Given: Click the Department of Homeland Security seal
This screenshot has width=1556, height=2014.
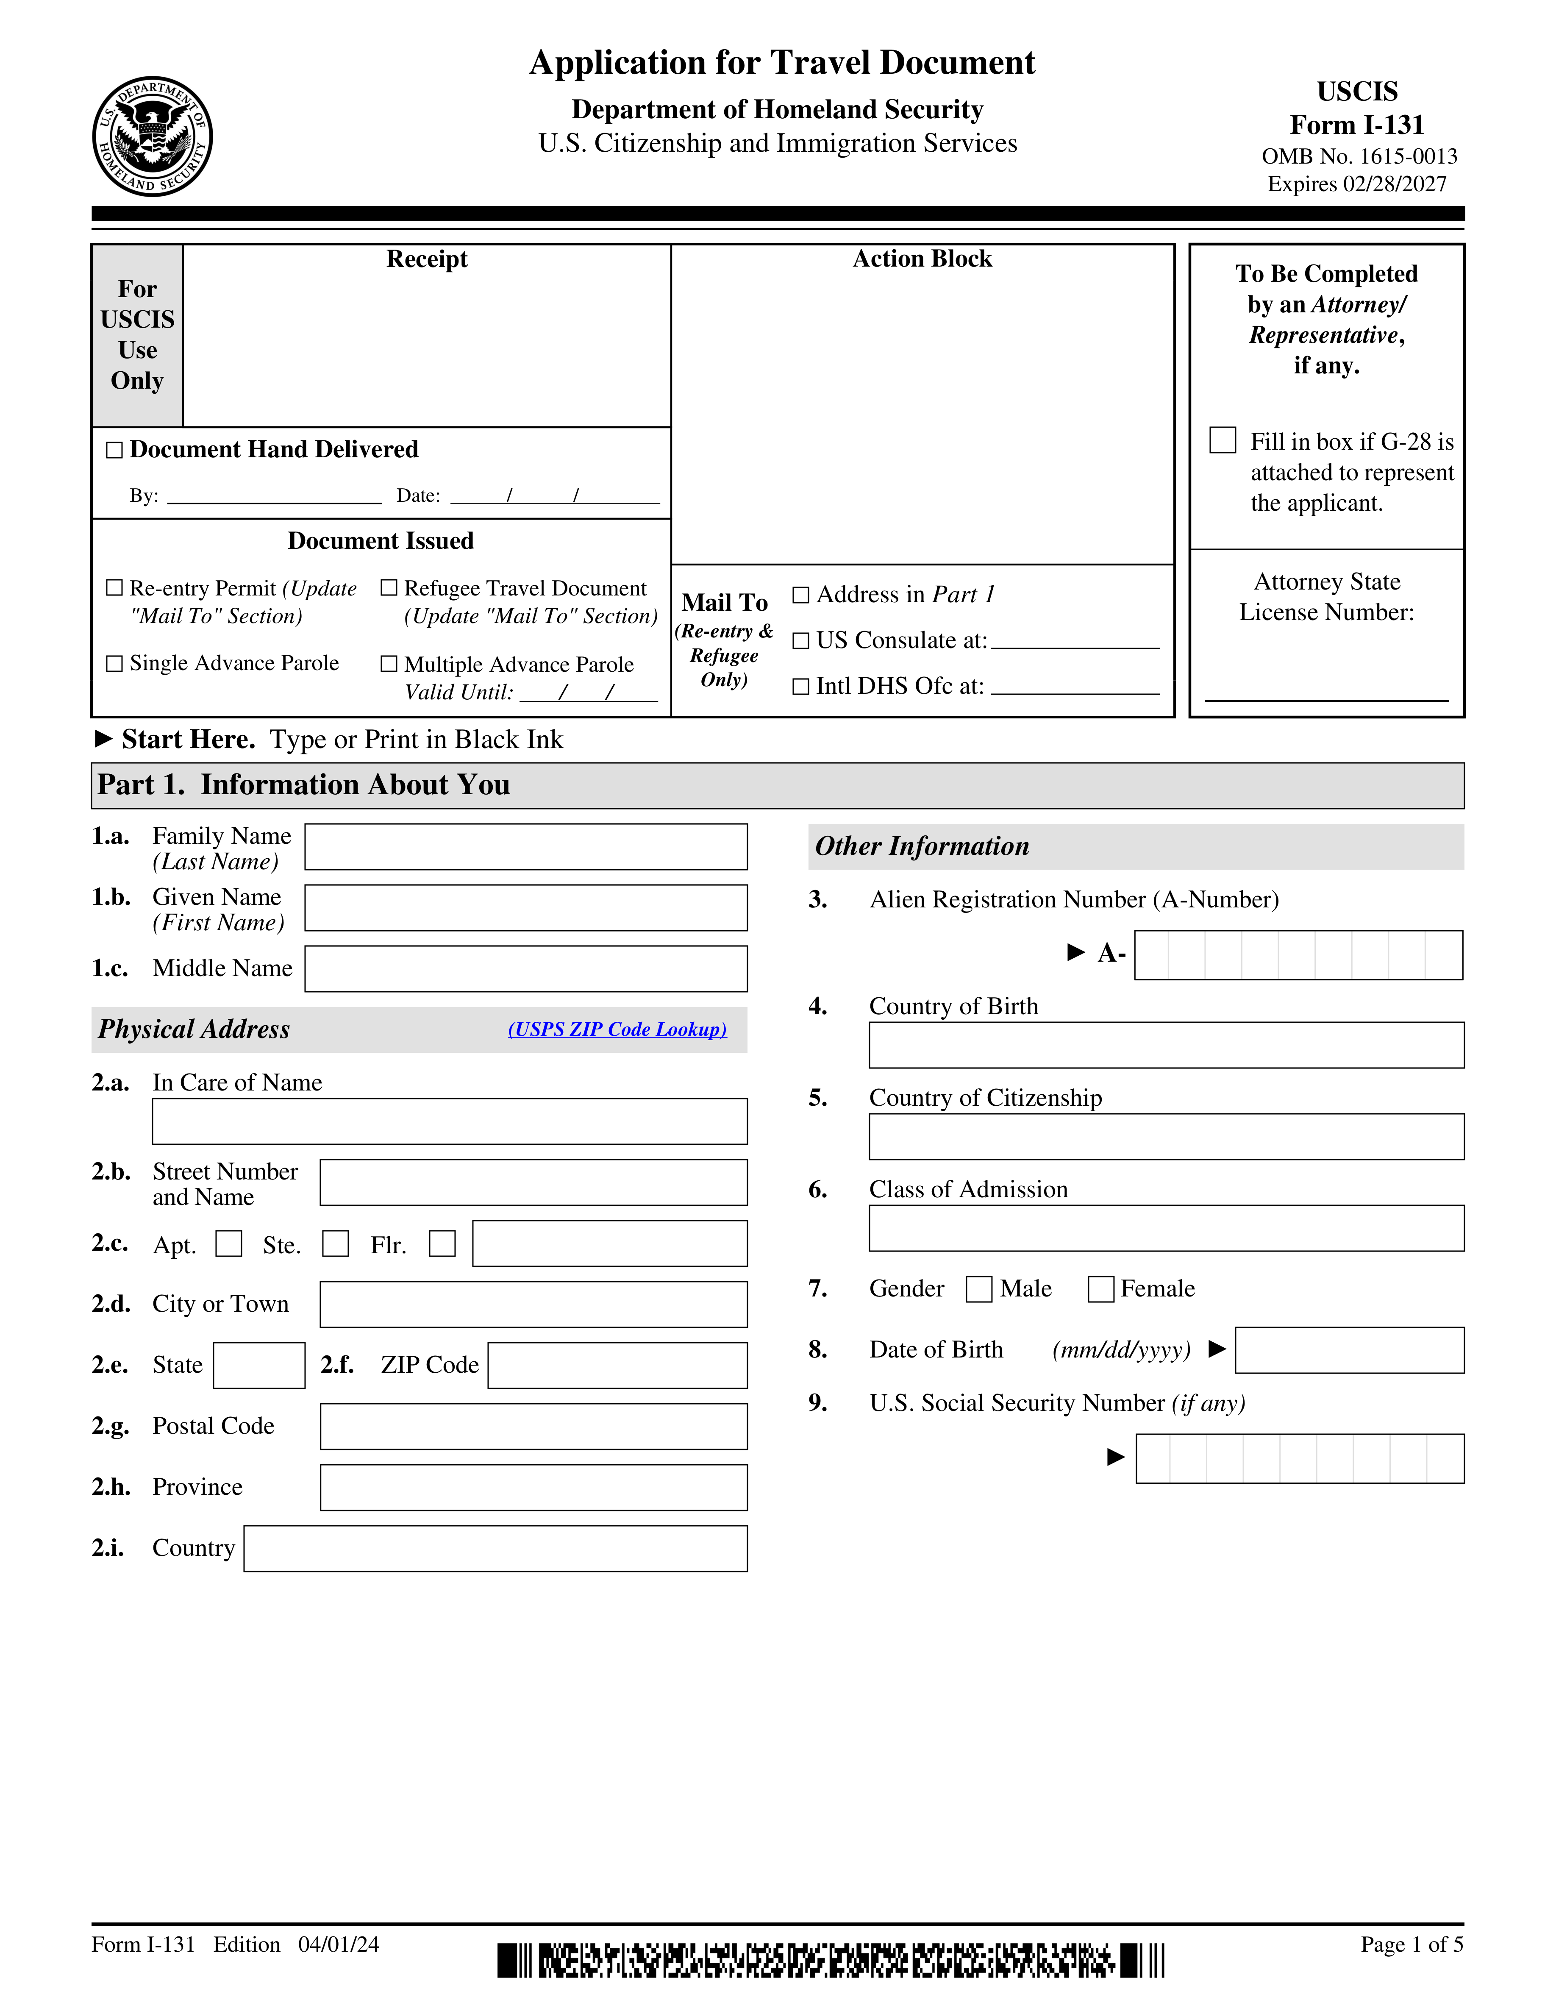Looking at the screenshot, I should [153, 136].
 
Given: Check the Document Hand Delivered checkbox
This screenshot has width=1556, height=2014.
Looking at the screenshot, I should [114, 450].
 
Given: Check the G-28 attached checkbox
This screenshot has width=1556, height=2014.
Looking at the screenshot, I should [1223, 440].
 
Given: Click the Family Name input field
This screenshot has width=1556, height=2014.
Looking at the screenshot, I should [525, 846].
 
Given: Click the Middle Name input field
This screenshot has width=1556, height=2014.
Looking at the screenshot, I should [525, 968].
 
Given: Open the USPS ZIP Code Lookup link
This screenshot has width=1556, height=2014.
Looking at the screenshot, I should [617, 1029].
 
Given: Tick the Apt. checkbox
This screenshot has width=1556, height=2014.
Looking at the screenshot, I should [228, 1244].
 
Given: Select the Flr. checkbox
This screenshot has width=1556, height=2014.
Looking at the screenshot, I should [442, 1244].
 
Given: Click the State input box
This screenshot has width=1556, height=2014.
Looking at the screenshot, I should [259, 1365].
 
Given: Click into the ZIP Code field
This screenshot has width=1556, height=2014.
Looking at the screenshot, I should [617, 1365].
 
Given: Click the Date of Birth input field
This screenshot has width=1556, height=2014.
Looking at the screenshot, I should [1349, 1350].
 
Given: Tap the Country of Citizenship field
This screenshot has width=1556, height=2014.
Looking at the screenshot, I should [1166, 1136].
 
